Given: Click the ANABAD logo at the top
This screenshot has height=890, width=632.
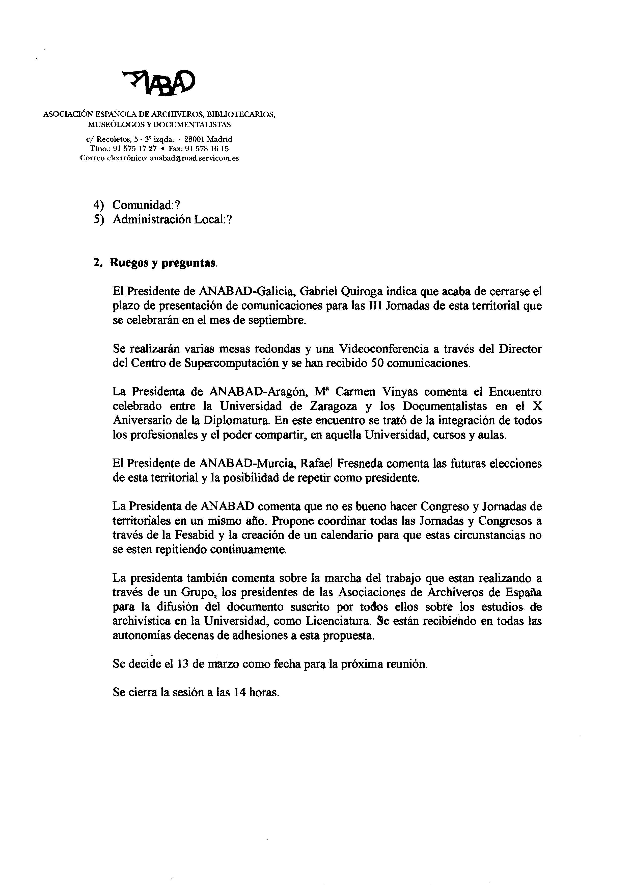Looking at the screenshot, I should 158,82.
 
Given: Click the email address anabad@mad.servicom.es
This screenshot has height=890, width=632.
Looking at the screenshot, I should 194,158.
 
